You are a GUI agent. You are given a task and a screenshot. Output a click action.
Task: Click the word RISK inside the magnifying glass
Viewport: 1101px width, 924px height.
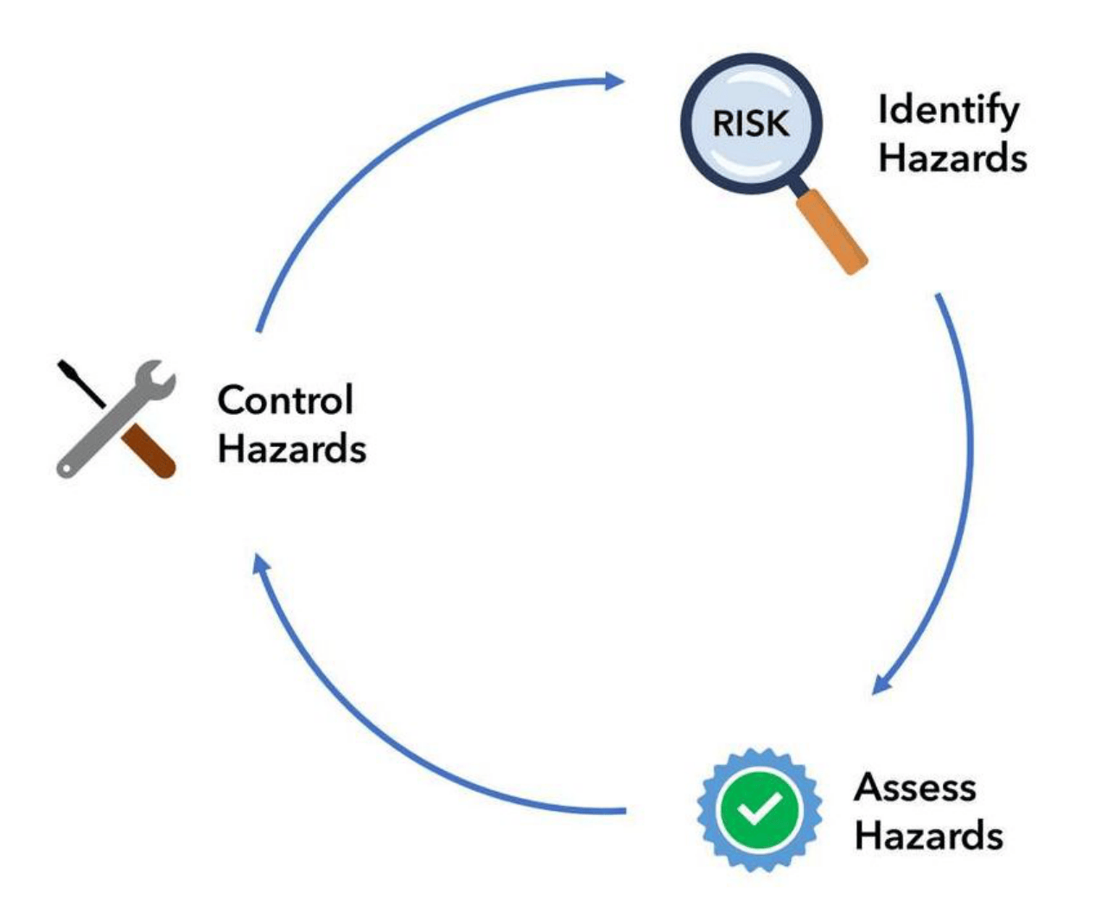pyautogui.click(x=750, y=124)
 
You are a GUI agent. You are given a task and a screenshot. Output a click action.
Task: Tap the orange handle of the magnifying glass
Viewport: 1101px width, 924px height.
pyautogui.click(x=831, y=232)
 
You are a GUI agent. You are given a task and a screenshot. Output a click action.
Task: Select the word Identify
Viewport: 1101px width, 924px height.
pyautogui.click(x=948, y=112)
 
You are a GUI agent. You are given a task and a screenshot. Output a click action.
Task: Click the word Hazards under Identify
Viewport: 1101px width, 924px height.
pyautogui.click(x=952, y=158)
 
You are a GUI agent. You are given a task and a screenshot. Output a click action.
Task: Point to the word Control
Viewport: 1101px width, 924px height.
pyautogui.click(x=285, y=399)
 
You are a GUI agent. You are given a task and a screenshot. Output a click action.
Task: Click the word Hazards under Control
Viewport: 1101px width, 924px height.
pyautogui.click(x=291, y=449)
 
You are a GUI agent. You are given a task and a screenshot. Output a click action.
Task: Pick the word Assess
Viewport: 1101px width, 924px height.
pyautogui.click(x=915, y=787)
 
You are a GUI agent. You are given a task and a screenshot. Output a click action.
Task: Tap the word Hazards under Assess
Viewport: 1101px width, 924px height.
pyautogui.click(x=928, y=836)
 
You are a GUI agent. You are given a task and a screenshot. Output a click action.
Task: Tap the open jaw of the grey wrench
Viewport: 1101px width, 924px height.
pyautogui.click(x=160, y=377)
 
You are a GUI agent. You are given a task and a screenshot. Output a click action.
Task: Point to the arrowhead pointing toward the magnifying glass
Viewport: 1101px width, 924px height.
pyautogui.click(x=614, y=81)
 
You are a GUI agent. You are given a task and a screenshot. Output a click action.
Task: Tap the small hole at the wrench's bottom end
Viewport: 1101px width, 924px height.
pyautogui.click(x=65, y=468)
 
